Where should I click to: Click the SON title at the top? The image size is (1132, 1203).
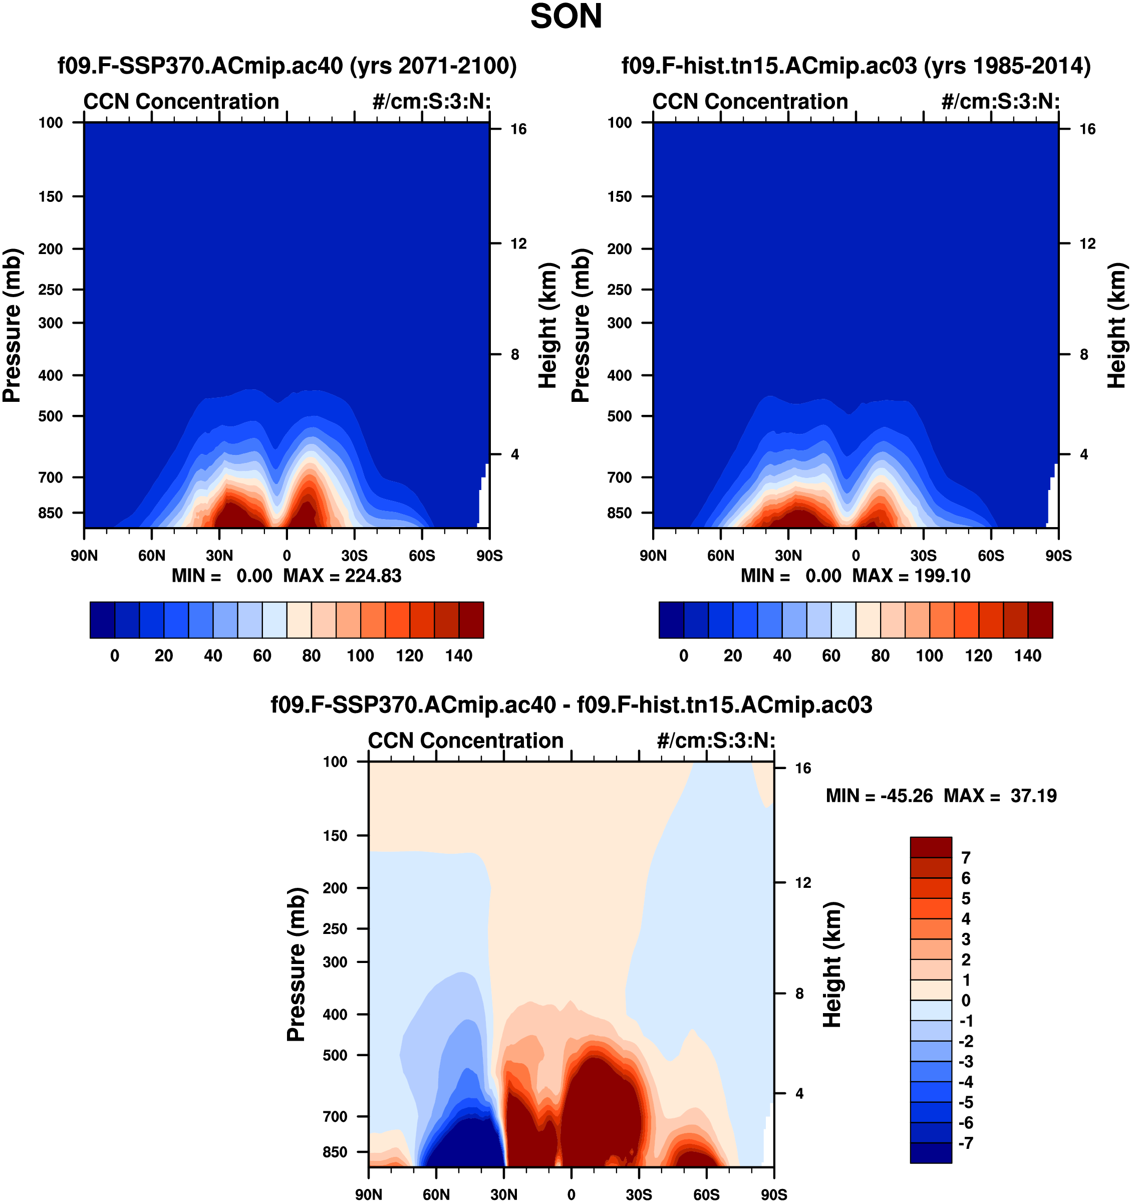[x=565, y=17]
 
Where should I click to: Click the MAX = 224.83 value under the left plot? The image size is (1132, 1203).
[x=343, y=576]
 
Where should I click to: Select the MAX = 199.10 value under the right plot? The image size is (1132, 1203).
[x=911, y=576]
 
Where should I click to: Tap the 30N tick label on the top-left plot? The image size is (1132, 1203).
[x=219, y=556]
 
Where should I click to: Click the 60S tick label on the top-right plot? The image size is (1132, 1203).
[x=991, y=556]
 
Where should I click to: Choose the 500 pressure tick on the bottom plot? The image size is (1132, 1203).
[x=335, y=1055]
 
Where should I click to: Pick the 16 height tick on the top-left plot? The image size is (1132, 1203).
[x=518, y=129]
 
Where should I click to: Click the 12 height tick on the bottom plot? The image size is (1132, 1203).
[x=803, y=883]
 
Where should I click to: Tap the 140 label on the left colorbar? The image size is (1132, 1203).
[x=459, y=655]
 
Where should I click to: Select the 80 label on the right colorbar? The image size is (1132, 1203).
[x=881, y=655]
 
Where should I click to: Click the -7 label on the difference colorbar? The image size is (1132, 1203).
[x=966, y=1143]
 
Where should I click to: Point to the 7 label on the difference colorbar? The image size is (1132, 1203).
[x=966, y=857]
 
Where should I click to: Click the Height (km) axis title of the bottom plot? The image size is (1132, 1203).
[x=832, y=965]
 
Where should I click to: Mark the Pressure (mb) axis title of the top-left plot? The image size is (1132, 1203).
[x=12, y=325]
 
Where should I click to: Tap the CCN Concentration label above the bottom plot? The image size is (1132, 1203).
[x=466, y=741]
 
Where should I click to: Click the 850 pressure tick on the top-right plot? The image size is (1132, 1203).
[x=620, y=513]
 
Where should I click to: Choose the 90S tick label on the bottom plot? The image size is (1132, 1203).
[x=774, y=1194]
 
